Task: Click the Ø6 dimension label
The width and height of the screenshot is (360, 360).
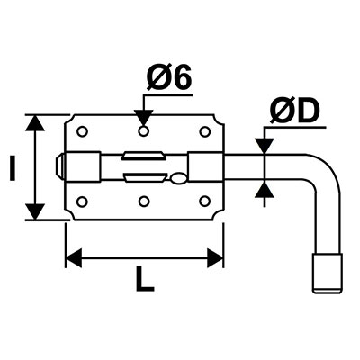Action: [x=169, y=76]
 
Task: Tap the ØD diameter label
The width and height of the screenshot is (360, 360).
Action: [x=293, y=112]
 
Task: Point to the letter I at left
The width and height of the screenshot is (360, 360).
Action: [x=13, y=168]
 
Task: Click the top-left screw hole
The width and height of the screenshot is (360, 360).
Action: [x=82, y=131]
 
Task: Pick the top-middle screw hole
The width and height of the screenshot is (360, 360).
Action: [x=144, y=131]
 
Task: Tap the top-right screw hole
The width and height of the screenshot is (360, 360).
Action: [x=205, y=131]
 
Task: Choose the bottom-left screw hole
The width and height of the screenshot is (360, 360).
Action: [x=82, y=202]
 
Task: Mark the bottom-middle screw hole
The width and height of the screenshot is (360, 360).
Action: [x=144, y=202]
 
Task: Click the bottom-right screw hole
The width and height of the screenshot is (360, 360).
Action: [x=205, y=202]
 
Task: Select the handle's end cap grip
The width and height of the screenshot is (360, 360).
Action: [x=327, y=273]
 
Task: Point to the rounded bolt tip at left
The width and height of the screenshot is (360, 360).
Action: [x=60, y=166]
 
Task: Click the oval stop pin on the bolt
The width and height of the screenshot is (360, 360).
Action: [x=178, y=179]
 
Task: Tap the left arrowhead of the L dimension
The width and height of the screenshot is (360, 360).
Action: [x=74, y=257]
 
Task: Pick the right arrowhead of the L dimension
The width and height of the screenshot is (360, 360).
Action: [x=215, y=257]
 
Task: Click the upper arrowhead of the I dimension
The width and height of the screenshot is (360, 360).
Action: [x=35, y=123]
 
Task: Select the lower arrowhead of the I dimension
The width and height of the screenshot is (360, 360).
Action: [x=35, y=211]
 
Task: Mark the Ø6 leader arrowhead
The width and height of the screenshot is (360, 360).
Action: [x=144, y=118]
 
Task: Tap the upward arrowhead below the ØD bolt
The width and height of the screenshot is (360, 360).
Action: [x=264, y=189]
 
